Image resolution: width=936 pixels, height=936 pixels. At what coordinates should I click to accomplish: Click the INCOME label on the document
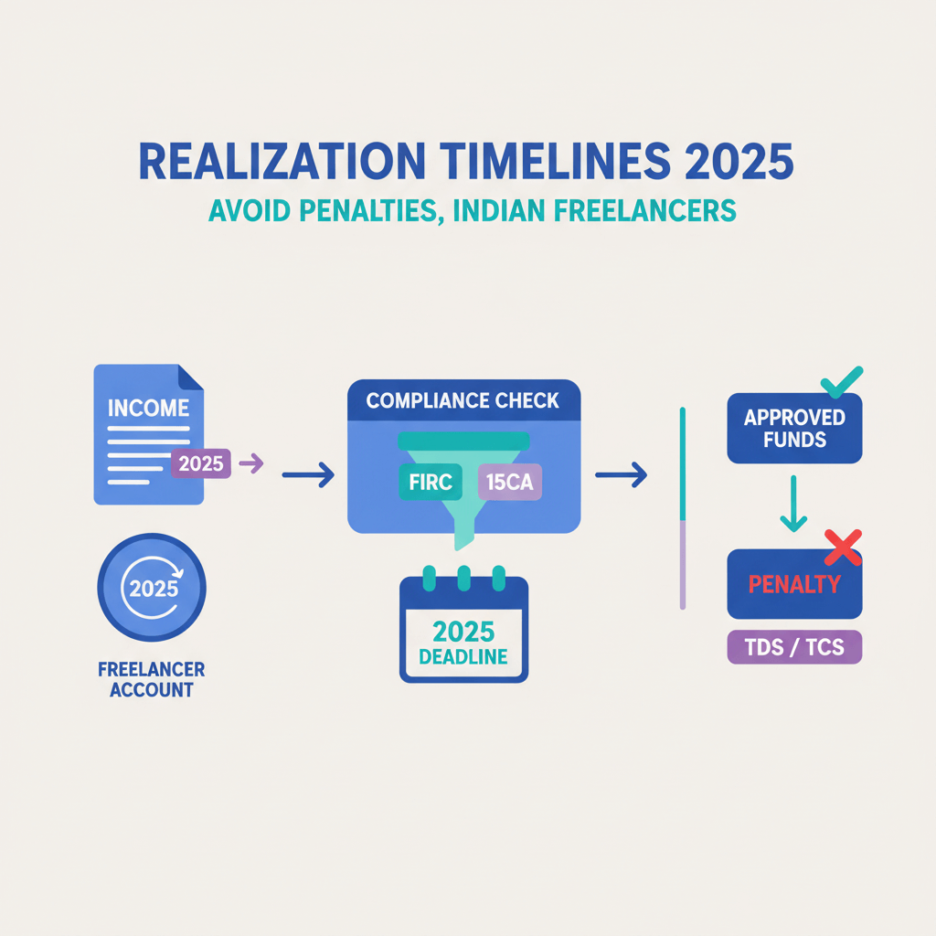click(148, 408)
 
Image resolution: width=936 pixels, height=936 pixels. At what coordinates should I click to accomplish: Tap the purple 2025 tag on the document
click(201, 463)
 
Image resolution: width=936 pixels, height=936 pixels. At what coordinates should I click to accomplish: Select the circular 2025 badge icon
click(152, 588)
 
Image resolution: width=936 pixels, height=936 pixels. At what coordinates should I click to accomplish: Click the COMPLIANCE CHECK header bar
click(463, 400)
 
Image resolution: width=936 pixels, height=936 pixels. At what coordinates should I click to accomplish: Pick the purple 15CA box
click(509, 482)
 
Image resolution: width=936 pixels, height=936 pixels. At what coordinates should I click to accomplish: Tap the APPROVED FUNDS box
click(793, 429)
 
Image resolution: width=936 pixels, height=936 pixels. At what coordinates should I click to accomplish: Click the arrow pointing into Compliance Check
click(308, 475)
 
